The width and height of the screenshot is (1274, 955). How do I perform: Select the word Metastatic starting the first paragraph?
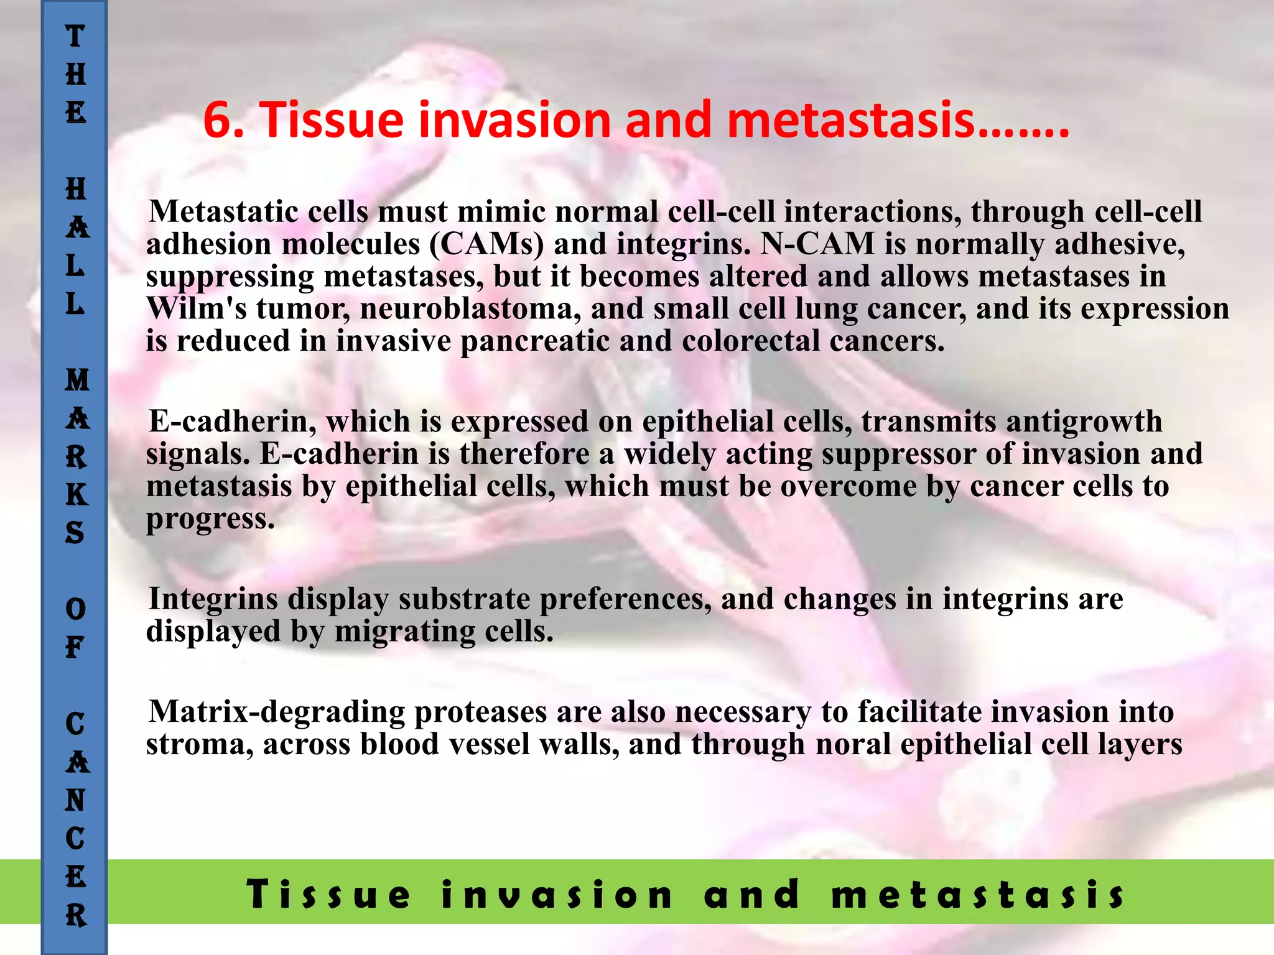(x=224, y=211)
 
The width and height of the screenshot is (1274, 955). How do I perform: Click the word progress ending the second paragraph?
(x=210, y=519)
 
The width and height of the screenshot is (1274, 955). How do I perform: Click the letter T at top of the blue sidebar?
(x=75, y=36)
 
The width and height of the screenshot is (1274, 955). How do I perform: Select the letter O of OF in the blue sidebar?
(x=75, y=609)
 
